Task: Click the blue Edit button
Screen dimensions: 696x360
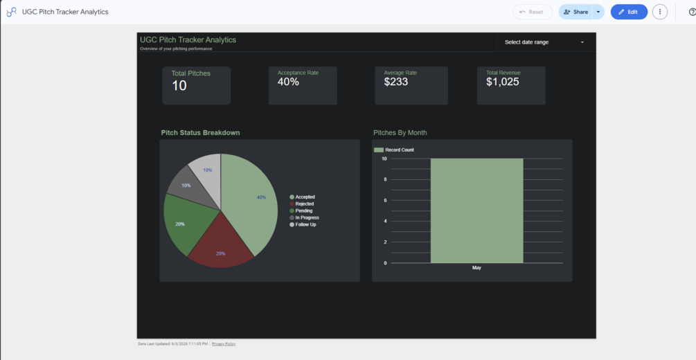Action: (x=629, y=12)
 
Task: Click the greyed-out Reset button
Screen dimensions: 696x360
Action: (x=532, y=12)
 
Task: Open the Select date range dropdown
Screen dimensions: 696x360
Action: (x=544, y=42)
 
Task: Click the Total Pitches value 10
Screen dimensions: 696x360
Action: (x=179, y=86)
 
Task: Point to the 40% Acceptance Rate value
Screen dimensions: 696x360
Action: (x=288, y=82)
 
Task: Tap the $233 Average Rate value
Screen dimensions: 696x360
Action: (x=396, y=82)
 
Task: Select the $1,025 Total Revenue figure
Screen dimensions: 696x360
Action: (x=503, y=82)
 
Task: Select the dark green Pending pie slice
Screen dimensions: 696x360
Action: (x=186, y=222)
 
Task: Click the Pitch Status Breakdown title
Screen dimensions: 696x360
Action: (x=200, y=133)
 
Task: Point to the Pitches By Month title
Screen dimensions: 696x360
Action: (x=400, y=133)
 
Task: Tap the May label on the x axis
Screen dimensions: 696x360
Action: (x=476, y=268)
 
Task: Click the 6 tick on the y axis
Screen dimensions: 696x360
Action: (x=385, y=200)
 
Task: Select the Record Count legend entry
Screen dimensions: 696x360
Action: (x=394, y=150)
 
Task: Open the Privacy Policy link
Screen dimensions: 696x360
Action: (x=224, y=344)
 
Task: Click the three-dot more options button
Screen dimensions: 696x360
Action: (x=660, y=12)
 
